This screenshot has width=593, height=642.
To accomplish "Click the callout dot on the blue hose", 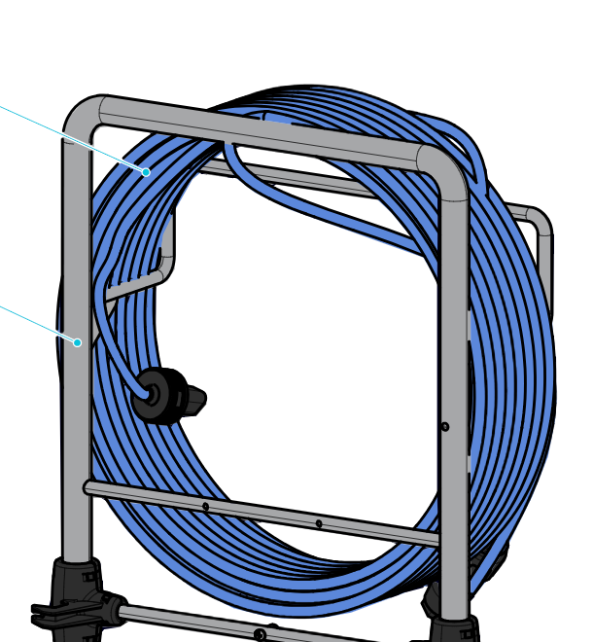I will pyautogui.click(x=146, y=172).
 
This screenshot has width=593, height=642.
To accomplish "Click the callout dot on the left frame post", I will pyautogui.click(x=77, y=342).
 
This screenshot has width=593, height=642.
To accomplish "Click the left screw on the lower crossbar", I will pyautogui.click(x=205, y=507).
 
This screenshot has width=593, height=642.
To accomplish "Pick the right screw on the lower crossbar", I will pyautogui.click(x=319, y=523).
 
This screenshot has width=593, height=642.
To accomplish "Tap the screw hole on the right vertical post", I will pyautogui.click(x=445, y=426).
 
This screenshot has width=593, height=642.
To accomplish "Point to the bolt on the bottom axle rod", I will pyautogui.click(x=260, y=635).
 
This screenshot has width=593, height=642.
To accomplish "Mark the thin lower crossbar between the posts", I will pyautogui.click(x=262, y=512).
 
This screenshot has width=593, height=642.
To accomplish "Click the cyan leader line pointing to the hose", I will pyautogui.click(x=68, y=137).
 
